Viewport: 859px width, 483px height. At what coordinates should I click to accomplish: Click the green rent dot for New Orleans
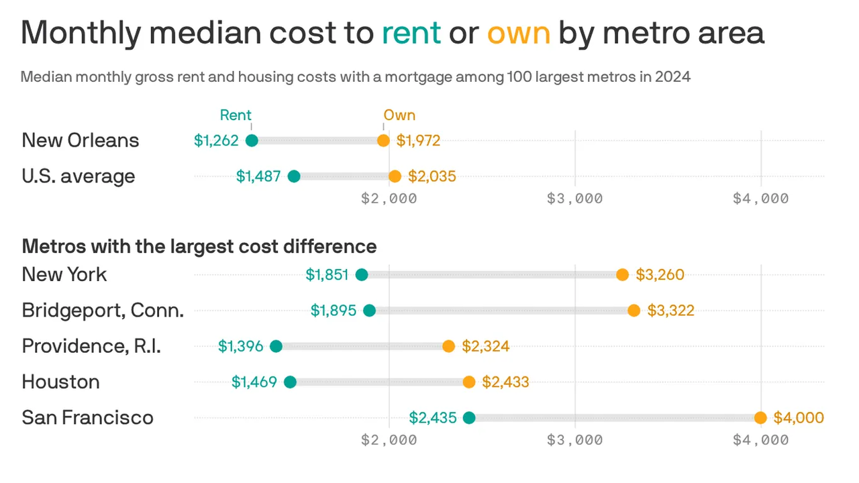(252, 140)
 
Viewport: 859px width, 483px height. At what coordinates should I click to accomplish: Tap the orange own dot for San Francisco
(760, 418)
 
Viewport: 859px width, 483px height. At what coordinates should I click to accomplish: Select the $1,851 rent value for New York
(328, 274)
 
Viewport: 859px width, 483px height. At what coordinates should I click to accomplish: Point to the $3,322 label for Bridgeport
(670, 311)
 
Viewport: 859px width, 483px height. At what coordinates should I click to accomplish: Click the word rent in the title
(411, 32)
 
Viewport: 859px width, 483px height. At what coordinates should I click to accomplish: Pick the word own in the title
(519, 32)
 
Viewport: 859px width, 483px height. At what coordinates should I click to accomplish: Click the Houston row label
(61, 382)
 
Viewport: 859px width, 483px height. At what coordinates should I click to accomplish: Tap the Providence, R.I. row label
(91, 346)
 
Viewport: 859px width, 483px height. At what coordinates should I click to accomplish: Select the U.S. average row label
(79, 176)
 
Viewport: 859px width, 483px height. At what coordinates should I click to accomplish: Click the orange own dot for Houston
(469, 382)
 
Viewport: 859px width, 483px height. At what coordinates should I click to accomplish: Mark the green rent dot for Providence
(276, 346)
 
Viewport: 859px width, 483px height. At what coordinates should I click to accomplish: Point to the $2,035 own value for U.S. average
(432, 176)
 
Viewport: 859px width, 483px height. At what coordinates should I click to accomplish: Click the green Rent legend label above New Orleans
(236, 115)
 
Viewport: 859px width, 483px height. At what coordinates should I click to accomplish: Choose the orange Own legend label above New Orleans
(399, 115)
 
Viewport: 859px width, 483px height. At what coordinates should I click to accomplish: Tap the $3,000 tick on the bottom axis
(575, 440)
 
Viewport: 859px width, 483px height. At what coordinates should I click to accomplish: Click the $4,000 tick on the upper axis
(760, 199)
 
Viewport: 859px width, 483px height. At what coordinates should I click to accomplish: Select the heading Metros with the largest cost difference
(199, 246)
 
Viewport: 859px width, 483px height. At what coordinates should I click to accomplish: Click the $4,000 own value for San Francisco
(799, 418)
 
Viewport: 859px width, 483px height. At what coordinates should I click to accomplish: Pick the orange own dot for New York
(623, 274)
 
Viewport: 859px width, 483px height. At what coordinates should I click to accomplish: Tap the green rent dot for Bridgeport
(369, 311)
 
